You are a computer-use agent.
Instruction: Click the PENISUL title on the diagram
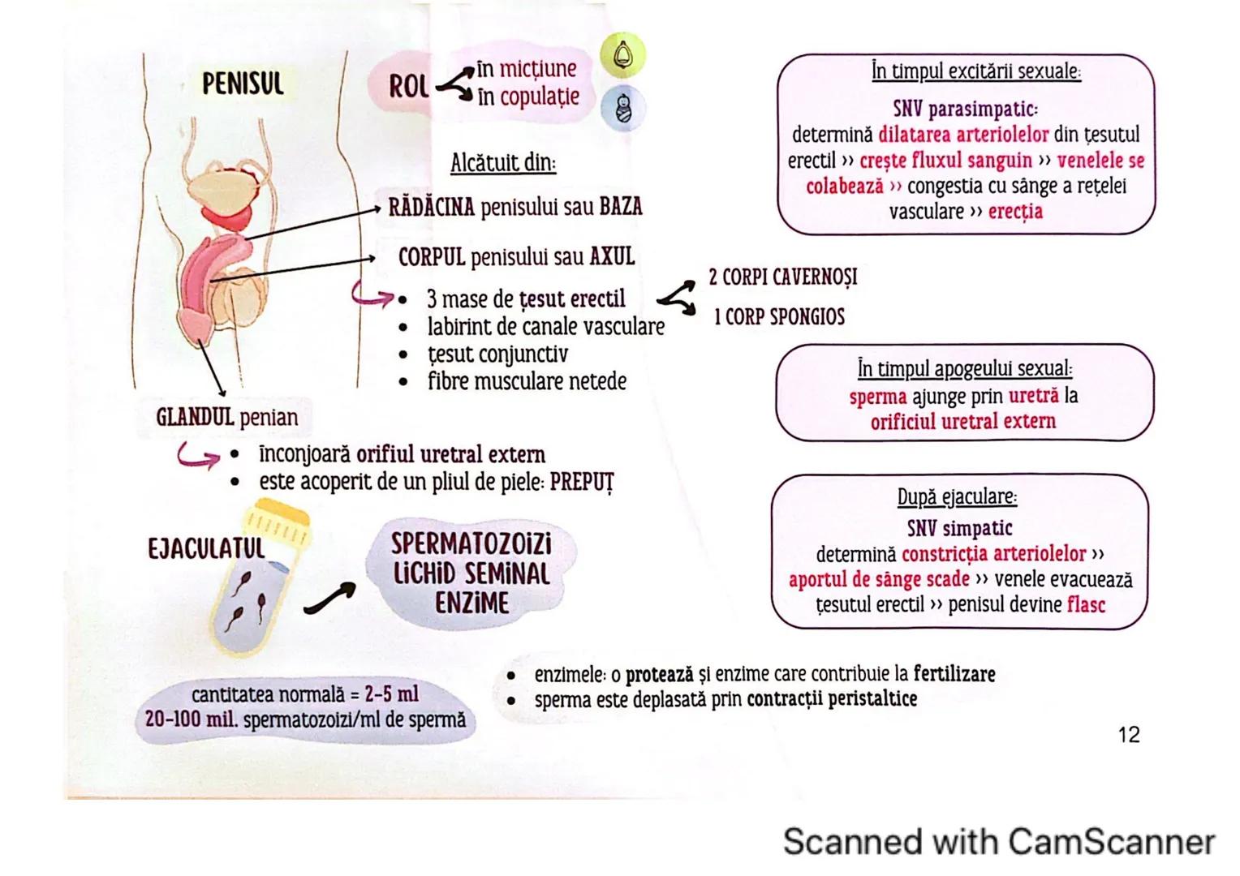[243, 83]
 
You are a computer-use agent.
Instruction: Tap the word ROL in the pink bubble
[408, 86]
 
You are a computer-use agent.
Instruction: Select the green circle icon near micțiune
[622, 54]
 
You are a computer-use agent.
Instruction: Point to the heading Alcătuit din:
[503, 162]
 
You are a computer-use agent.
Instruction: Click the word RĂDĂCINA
[431, 207]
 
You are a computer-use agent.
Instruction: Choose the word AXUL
[612, 257]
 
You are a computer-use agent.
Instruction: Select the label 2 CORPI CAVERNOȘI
[782, 277]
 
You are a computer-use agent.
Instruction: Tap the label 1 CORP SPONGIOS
[779, 316]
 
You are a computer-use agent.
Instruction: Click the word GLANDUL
[195, 417]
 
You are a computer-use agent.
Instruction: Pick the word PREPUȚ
[582, 482]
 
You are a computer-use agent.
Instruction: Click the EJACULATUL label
[206, 548]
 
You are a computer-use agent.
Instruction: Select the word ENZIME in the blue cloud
[471, 603]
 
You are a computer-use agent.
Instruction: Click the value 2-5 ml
[391, 694]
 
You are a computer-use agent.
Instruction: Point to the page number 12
[1128, 735]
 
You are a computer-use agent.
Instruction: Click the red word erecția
[1015, 212]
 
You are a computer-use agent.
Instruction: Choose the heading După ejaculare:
[957, 496]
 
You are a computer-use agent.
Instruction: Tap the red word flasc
[1086, 604]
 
